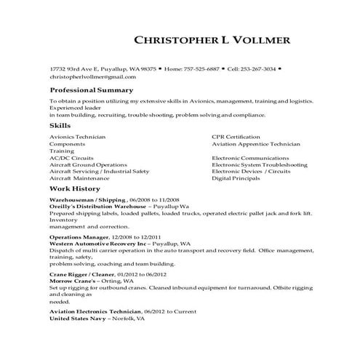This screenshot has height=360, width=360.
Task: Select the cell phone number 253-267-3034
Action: pos(260,68)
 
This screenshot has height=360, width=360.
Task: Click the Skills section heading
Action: pos(60,126)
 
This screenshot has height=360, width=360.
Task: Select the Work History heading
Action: pos(75,188)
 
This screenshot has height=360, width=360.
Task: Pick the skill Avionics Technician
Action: pos(78,137)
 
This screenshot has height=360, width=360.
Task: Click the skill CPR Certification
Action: pos(236,137)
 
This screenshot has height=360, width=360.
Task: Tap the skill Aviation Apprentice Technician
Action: pos(255,144)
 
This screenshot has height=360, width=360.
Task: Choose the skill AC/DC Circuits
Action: pos(71,158)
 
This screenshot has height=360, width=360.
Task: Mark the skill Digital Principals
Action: pos(236,178)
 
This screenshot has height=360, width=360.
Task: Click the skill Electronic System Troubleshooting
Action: pos(259,164)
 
